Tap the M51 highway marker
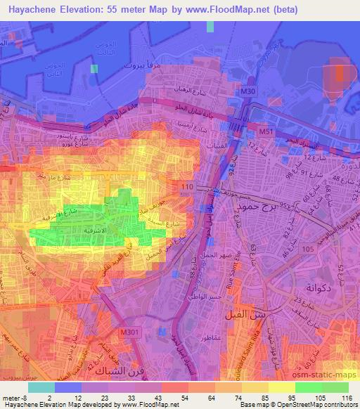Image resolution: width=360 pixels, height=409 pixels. pyautogui.click(x=265, y=131)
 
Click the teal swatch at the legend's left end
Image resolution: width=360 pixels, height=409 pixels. pyautogui.click(x=41, y=387)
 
